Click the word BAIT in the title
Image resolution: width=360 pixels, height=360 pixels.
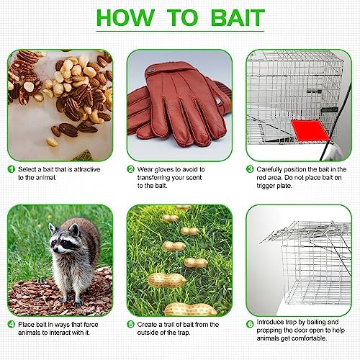pos(238,18)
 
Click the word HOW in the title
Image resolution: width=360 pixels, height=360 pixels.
pos(125,18)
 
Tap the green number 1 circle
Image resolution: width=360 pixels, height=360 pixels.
pos(12,169)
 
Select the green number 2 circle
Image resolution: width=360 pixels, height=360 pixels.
pos(130,169)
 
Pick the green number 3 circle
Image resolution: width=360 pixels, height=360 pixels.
pos(250,169)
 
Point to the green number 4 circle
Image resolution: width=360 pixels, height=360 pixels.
pos(12,325)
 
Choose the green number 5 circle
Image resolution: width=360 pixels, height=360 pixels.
pos(130,325)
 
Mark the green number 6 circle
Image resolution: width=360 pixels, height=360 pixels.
pos(250,325)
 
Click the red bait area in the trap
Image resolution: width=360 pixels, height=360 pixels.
pos(310,131)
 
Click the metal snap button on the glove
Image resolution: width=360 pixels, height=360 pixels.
pos(151,71)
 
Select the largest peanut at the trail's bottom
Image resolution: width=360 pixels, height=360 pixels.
pos(190,309)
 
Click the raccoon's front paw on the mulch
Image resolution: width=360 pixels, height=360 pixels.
pos(78,303)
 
